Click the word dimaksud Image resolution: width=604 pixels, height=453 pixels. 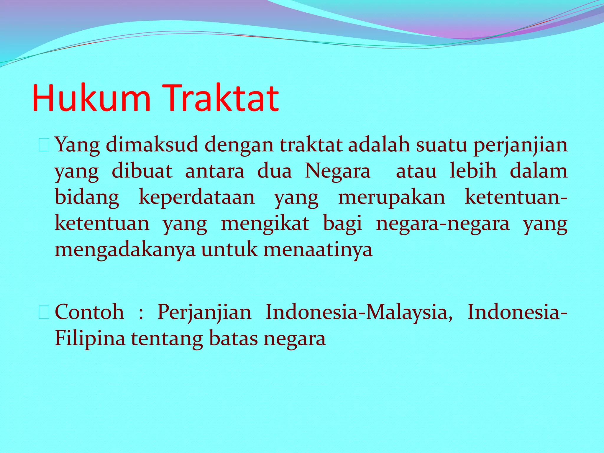point(152,145)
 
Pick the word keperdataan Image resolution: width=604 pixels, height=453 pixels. point(197,198)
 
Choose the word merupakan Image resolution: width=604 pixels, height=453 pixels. point(392,198)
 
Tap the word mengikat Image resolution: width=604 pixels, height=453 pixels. point(265,224)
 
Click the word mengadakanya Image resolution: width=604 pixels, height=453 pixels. point(125,250)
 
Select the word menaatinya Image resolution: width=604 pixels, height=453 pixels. point(318,250)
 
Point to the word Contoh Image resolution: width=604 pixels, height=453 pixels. point(90,312)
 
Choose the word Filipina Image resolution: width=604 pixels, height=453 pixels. point(90,339)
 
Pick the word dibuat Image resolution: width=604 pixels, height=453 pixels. point(142,171)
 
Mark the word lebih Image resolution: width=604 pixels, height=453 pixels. point(473,171)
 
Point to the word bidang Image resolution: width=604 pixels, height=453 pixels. point(87,198)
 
